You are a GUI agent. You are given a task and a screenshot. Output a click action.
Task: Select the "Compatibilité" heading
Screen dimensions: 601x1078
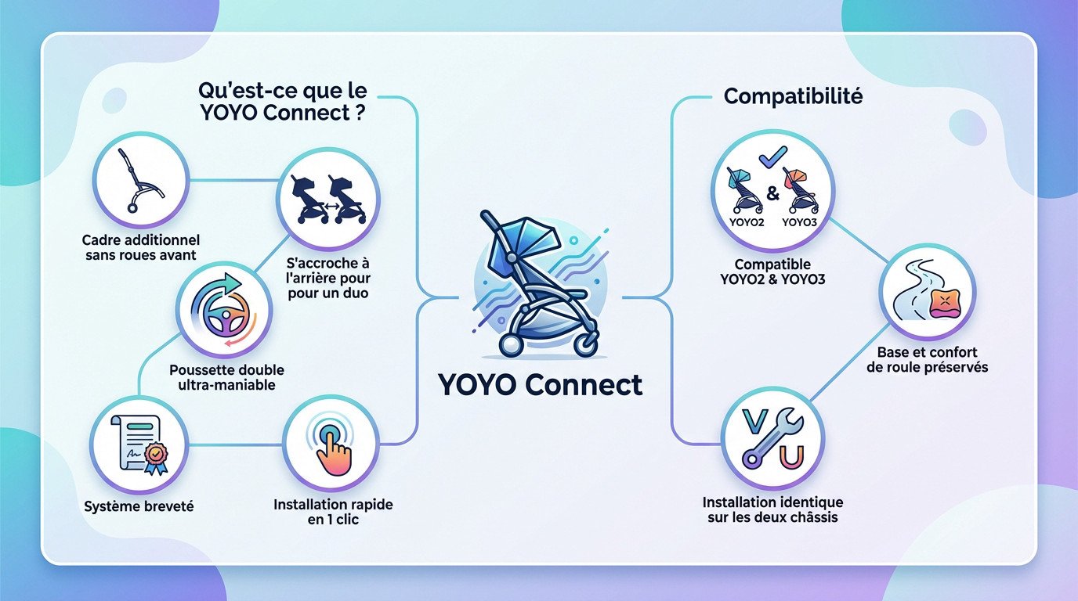pos(793,96)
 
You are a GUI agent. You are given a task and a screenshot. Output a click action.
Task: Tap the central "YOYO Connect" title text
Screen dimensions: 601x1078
pos(540,384)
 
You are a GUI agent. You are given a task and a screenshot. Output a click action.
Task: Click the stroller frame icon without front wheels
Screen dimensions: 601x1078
pos(141,180)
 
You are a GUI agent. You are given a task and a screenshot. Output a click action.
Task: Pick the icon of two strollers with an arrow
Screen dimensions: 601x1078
pos(328,199)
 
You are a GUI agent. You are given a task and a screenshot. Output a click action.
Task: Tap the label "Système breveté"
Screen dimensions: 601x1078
pos(139,506)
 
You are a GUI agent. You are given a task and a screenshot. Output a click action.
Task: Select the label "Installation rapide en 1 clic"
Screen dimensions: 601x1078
pos(333,511)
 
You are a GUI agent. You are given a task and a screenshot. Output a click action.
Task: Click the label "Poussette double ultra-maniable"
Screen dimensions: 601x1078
pos(226,376)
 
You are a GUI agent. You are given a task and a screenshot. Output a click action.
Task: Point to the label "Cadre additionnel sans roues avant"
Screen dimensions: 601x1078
pos(141,247)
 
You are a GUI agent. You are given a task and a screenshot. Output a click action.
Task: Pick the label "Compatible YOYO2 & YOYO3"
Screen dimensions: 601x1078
pos(772,272)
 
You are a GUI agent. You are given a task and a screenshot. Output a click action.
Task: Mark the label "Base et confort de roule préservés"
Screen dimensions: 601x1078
pos(928,359)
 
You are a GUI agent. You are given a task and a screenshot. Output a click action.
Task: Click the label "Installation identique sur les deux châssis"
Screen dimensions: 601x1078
pos(772,509)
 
